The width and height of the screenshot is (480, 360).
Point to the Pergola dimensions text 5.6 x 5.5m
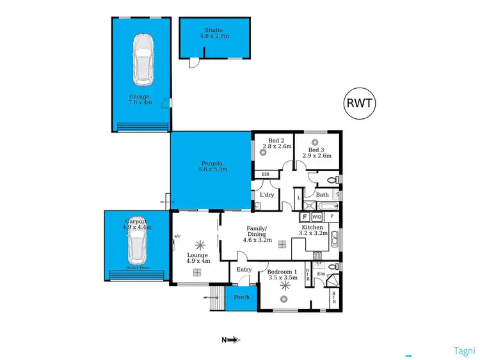212,169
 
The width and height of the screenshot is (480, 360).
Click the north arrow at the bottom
231,340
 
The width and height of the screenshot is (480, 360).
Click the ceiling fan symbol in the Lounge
198,244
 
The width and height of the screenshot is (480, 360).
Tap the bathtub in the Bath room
326,205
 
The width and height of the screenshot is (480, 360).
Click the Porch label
241,297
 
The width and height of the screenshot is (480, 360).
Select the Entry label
244,270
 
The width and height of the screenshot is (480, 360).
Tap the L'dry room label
266,195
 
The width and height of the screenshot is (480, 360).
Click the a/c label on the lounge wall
177,236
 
